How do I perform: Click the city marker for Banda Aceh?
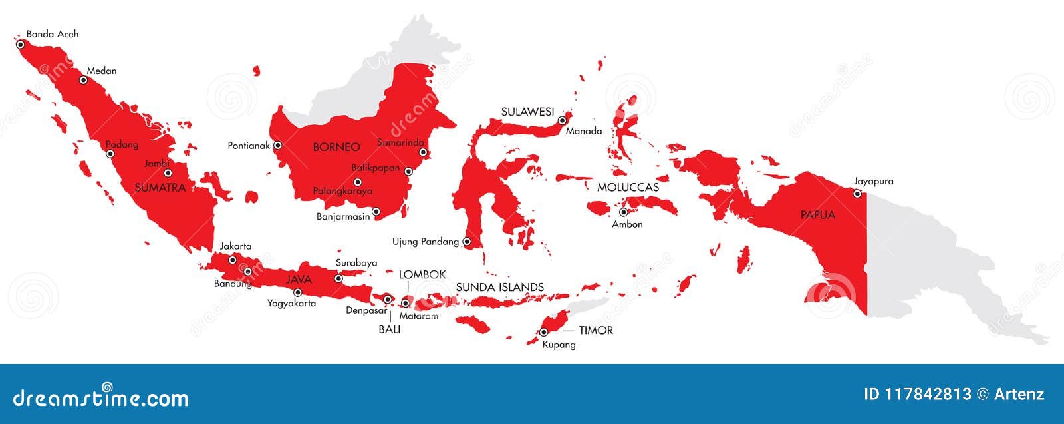point(20,45)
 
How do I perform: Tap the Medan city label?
point(102,71)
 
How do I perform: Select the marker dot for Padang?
point(110,154)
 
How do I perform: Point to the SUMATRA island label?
point(160,188)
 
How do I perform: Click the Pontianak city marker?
point(278,145)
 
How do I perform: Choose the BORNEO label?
point(336,147)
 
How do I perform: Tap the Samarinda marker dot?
point(423,152)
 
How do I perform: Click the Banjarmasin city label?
point(343,216)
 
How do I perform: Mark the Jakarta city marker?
point(233,260)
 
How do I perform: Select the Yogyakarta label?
point(291,303)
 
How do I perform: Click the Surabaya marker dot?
point(338,279)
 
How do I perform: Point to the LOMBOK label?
point(422,274)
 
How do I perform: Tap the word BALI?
point(390,329)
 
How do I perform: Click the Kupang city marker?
point(544,331)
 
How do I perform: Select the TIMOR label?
point(596,330)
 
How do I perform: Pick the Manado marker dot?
point(562,120)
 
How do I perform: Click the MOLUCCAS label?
point(628,188)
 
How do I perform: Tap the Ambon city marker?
point(624,212)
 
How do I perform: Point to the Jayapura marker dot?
point(857,194)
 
